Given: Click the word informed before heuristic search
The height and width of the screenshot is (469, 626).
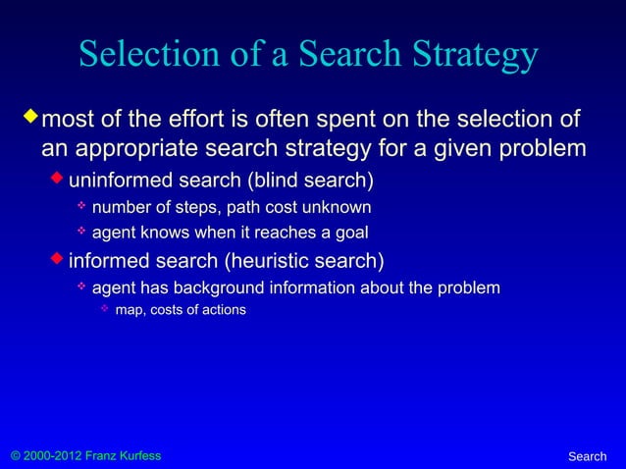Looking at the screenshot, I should pyautogui.click(x=109, y=262).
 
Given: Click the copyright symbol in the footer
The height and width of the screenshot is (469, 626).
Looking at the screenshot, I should pyautogui.click(x=13, y=456).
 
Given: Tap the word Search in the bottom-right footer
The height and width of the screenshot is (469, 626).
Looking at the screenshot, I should pyautogui.click(x=587, y=456).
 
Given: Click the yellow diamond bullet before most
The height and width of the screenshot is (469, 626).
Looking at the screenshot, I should pyautogui.click(x=29, y=120).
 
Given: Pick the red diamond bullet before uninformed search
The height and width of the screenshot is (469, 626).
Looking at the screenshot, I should pyautogui.click(x=58, y=181).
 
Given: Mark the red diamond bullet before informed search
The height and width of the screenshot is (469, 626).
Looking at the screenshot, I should pyautogui.click(x=58, y=261).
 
